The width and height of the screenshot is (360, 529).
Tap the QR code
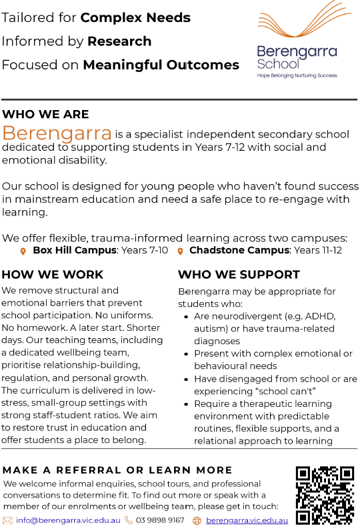(x=324, y=495)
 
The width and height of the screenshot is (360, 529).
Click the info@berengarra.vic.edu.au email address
(x=68, y=520)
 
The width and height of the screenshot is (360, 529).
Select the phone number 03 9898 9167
(x=160, y=520)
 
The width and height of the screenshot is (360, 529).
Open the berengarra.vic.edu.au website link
(x=247, y=520)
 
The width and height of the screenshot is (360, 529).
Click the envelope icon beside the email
(x=8, y=520)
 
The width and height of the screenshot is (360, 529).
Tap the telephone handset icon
(x=129, y=520)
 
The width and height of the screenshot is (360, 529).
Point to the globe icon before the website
(x=197, y=520)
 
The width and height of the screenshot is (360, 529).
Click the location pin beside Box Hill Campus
(x=23, y=251)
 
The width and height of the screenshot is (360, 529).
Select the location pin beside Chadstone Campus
(x=180, y=251)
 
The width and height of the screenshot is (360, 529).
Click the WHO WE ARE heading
(x=45, y=114)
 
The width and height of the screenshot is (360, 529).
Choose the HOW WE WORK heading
(x=53, y=274)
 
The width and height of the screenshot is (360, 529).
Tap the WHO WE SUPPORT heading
(x=239, y=274)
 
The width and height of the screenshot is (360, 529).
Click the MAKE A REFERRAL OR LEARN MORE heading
(x=117, y=470)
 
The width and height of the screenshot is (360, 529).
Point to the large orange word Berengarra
(x=57, y=132)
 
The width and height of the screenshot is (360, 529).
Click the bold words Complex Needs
(x=135, y=17)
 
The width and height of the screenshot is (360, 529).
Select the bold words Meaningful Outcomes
(x=161, y=65)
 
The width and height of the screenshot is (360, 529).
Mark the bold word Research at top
(x=119, y=41)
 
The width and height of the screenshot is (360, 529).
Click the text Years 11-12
(x=318, y=250)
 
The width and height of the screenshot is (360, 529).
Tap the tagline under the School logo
(x=297, y=76)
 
